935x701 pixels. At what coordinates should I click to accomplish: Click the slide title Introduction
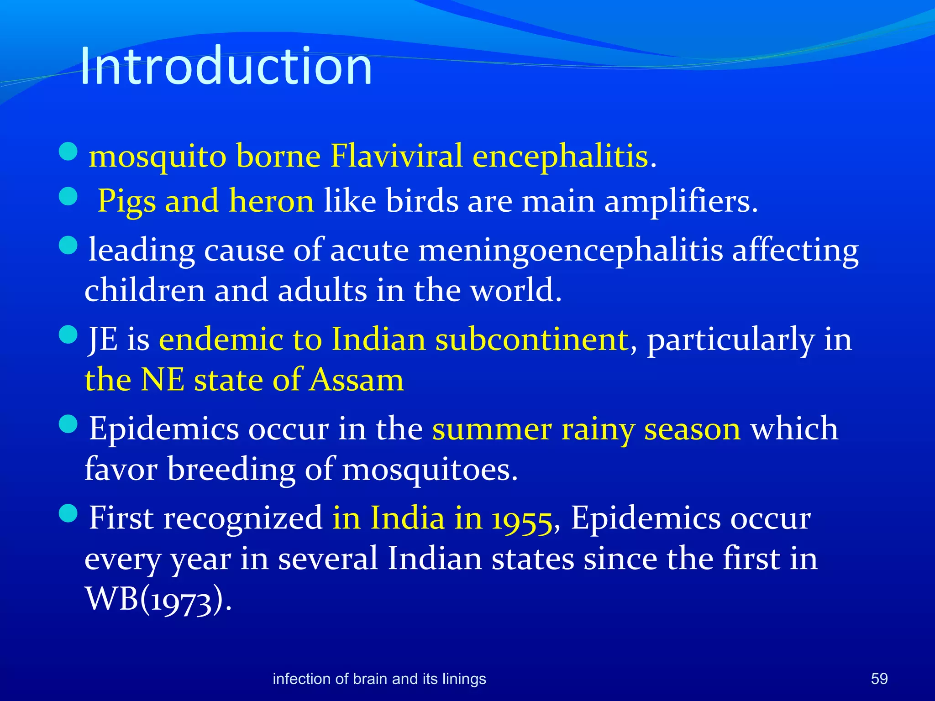pyautogui.click(x=226, y=66)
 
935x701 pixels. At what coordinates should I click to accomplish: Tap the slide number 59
pyautogui.click(x=879, y=679)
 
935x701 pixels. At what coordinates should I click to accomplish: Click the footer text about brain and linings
pyautogui.click(x=379, y=679)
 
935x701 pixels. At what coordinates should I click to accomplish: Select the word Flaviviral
pyautogui.click(x=396, y=156)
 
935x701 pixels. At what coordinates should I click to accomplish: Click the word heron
pyautogui.click(x=271, y=201)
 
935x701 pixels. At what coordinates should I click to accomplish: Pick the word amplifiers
pyautogui.click(x=680, y=201)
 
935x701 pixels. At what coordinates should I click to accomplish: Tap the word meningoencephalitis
pyautogui.click(x=570, y=250)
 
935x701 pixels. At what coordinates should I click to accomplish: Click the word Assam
pyautogui.click(x=356, y=380)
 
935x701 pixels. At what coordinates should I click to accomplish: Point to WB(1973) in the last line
pyautogui.click(x=158, y=599)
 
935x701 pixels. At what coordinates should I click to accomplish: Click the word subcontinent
pyautogui.click(x=532, y=339)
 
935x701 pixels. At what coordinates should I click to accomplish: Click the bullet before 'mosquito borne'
pyautogui.click(x=68, y=151)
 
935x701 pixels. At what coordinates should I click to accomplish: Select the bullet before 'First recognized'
pyautogui.click(x=68, y=513)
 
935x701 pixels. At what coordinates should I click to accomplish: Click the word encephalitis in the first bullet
pyautogui.click(x=560, y=156)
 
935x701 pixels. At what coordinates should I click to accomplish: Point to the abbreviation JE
pyautogui.click(x=103, y=339)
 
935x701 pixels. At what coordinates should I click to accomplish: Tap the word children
pyautogui.click(x=145, y=290)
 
